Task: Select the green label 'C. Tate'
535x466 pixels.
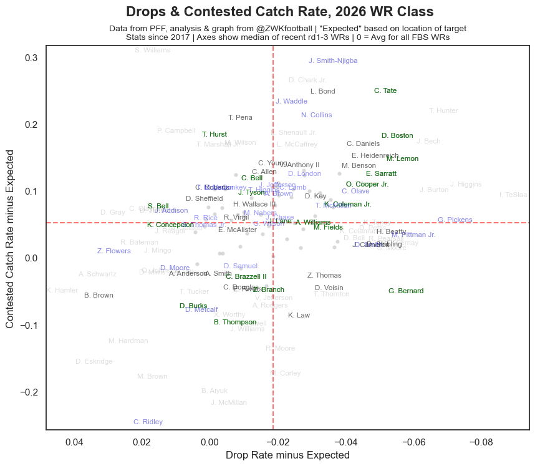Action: pos(385,91)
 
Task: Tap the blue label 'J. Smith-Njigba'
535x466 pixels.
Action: pos(333,61)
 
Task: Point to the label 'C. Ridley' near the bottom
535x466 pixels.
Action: pos(148,422)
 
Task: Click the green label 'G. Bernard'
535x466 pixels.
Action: pos(405,291)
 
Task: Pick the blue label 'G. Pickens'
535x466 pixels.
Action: pos(455,220)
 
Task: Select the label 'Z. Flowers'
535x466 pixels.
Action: pos(113,251)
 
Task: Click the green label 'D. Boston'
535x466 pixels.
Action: pos(397,136)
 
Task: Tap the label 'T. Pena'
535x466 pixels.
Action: pos(240,117)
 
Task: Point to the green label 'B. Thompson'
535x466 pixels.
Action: pos(234,323)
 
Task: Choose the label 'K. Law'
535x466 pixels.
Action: pos(299,316)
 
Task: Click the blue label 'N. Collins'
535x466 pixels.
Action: pos(316,115)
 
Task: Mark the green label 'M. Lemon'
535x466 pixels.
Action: pos(402,159)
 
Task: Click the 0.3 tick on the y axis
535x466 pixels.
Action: pos(31,58)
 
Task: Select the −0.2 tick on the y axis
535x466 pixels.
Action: pos(28,392)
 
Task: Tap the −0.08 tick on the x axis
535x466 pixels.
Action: pos(481,442)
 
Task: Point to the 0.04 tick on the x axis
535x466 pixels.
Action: pos(74,442)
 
